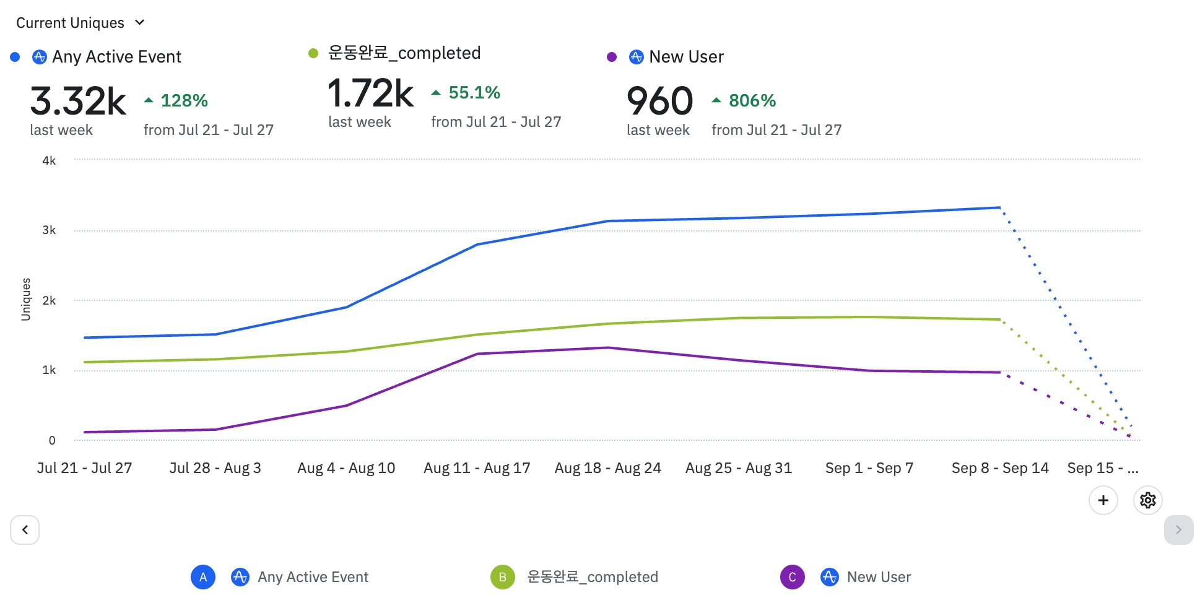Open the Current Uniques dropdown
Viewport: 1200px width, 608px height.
[x=80, y=23]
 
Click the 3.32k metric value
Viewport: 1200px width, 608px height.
[x=78, y=101]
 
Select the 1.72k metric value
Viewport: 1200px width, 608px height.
[x=370, y=93]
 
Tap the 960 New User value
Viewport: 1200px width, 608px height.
[x=659, y=101]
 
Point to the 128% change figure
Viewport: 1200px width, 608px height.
[x=184, y=100]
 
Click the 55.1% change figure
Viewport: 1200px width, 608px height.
[x=474, y=93]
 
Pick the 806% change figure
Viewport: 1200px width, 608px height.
[x=752, y=100]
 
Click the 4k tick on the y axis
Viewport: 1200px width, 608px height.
[x=49, y=161]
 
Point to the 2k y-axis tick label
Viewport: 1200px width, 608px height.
[x=49, y=301]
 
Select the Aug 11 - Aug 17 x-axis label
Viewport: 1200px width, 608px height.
[x=477, y=468]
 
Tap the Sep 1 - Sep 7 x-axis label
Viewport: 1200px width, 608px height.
[x=869, y=468]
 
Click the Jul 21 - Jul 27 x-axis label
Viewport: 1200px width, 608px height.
[x=84, y=468]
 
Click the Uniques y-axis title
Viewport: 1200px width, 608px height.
[x=26, y=300]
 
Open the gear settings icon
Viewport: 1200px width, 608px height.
[x=1147, y=500]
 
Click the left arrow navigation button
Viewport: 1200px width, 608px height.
[x=25, y=530]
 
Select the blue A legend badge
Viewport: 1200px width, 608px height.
[x=203, y=577]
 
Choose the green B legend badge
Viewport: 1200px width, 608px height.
[x=502, y=577]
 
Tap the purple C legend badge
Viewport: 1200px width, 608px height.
[x=792, y=577]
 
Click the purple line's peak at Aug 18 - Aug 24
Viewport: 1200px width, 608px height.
[x=608, y=348]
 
